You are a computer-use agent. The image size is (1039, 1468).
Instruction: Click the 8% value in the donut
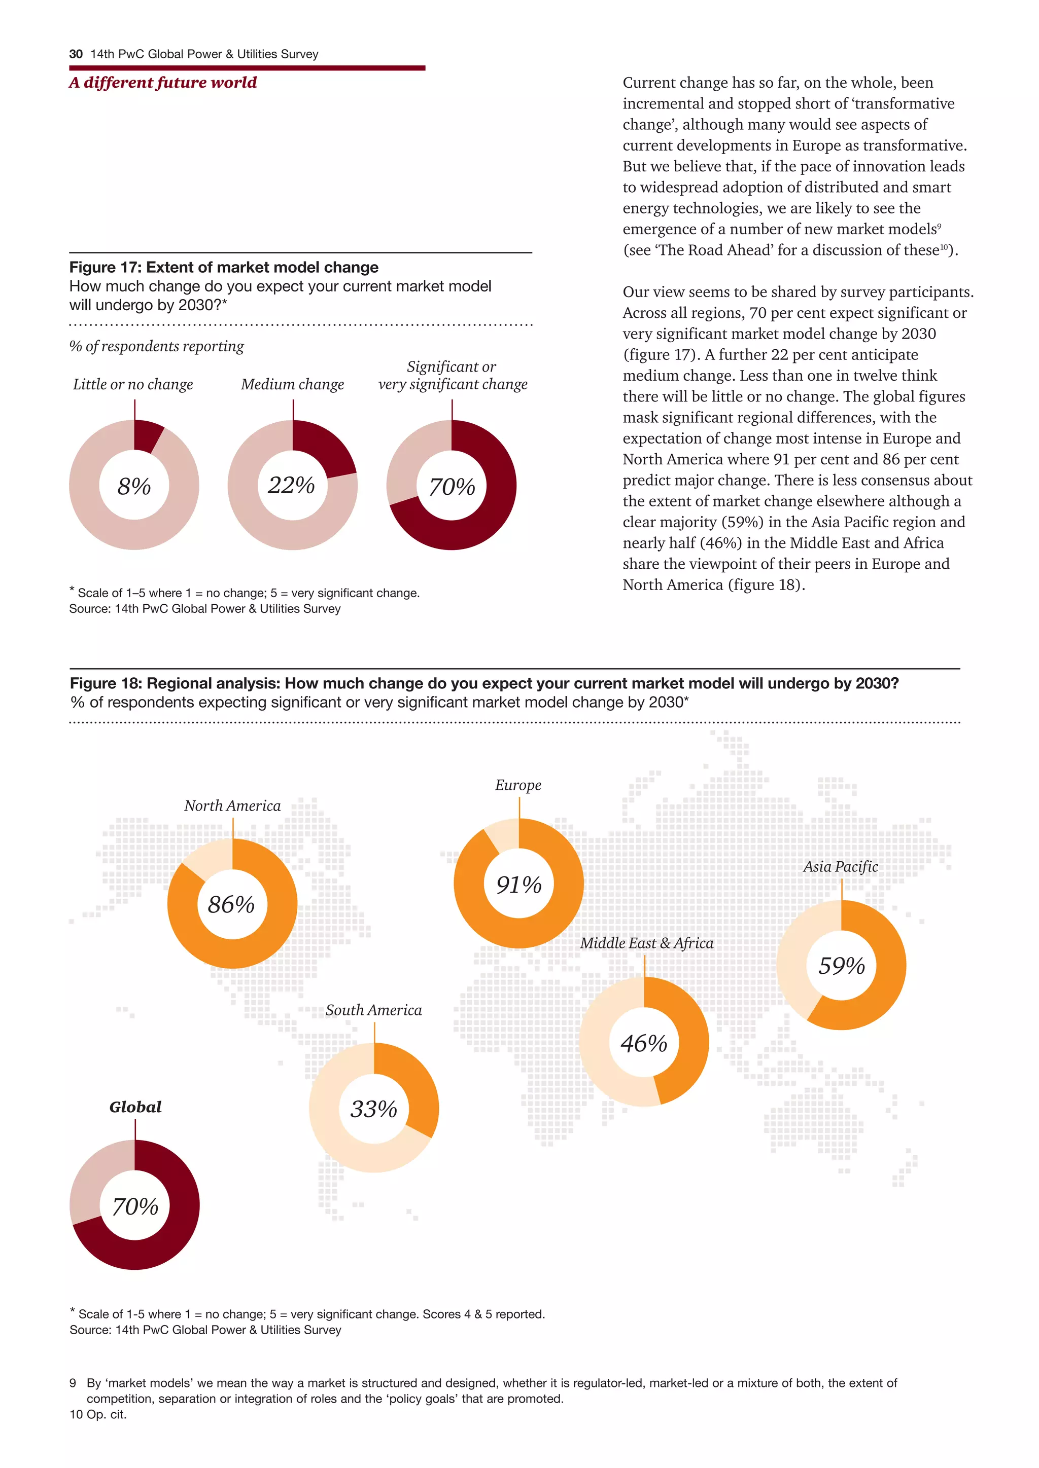pyautogui.click(x=134, y=487)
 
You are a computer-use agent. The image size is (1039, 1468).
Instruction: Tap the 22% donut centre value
pyautogui.click(x=292, y=485)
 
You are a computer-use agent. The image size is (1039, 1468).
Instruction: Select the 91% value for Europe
pyautogui.click(x=519, y=885)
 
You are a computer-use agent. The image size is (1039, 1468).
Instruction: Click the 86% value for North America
pyautogui.click(x=232, y=905)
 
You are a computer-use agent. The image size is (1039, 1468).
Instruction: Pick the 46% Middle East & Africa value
pyautogui.click(x=644, y=1043)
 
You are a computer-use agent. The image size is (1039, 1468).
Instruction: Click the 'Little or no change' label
pyautogui.click(x=133, y=384)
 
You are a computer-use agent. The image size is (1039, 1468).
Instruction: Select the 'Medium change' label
pyautogui.click(x=292, y=384)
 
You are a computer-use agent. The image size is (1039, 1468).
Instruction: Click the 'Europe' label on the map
pyautogui.click(x=518, y=785)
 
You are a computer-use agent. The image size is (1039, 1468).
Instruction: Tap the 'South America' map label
pyautogui.click(x=373, y=1010)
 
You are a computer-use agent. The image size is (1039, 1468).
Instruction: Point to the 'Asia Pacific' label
pyautogui.click(x=841, y=867)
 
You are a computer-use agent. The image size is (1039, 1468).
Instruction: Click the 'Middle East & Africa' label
pyautogui.click(x=647, y=943)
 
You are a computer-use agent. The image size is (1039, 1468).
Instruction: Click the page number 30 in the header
pyautogui.click(x=76, y=54)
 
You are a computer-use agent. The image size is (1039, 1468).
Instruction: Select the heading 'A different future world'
pyautogui.click(x=163, y=83)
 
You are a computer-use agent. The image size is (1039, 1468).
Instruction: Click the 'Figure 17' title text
pyautogui.click(x=224, y=267)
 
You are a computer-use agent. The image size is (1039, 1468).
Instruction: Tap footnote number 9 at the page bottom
pyautogui.click(x=73, y=1383)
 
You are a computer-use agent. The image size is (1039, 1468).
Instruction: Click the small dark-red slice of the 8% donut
pyautogui.click(x=147, y=435)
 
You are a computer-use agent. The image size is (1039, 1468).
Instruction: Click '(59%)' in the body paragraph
pyautogui.click(x=742, y=523)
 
